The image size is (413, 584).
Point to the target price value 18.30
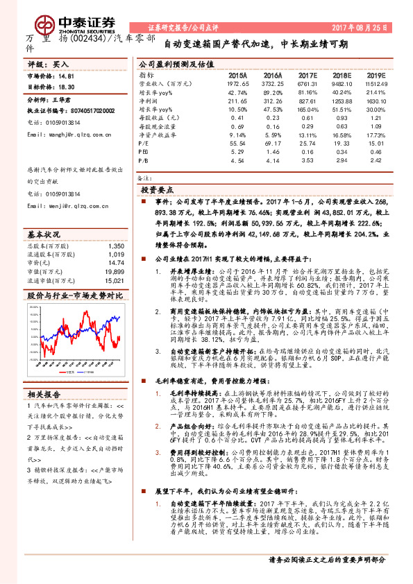tap(66, 88)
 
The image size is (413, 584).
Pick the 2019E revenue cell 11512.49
tap(376, 82)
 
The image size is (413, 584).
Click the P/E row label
tap(144, 142)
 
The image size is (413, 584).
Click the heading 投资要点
tap(158, 188)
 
